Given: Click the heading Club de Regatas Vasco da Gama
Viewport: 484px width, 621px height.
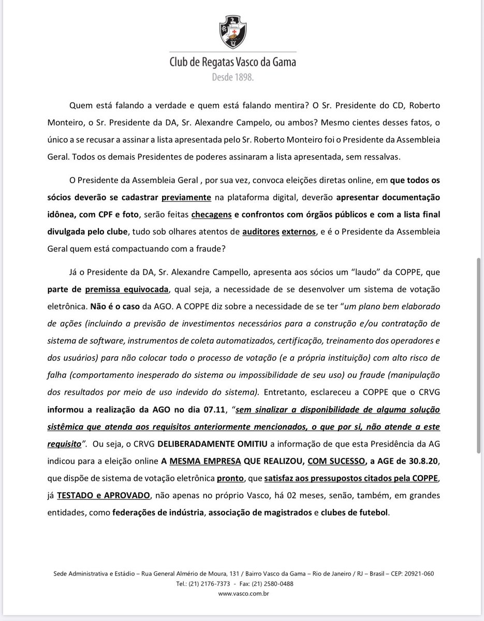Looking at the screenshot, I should coord(233,63).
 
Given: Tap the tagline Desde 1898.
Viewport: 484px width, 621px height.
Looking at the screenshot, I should coord(233,77).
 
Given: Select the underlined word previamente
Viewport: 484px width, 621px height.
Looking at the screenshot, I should coord(186,197).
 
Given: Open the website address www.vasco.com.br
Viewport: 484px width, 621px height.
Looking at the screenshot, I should coord(243,594).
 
